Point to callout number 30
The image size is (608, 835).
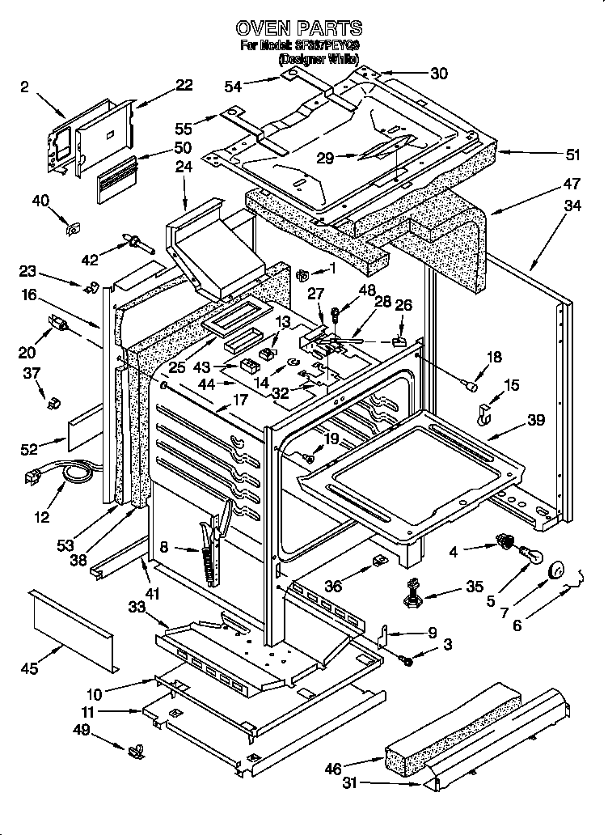coord(439,74)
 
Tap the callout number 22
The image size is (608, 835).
coord(184,85)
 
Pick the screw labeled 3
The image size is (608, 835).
coord(407,661)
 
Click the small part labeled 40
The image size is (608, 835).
coord(72,229)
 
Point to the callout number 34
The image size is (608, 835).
coord(572,206)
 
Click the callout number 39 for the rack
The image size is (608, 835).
coord(535,420)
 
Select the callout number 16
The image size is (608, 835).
coord(30,297)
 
